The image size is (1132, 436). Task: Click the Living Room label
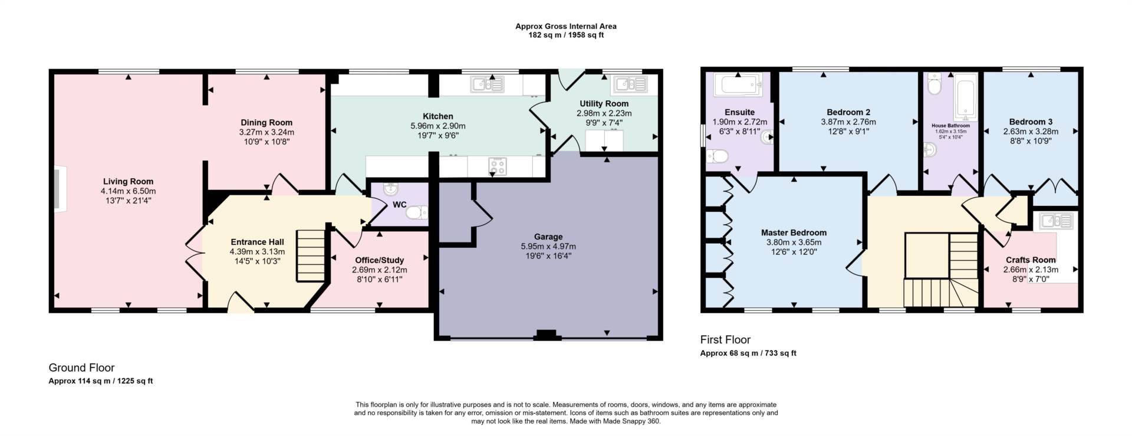pyautogui.click(x=128, y=182)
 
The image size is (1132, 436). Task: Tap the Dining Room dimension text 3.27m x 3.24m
pyautogui.click(x=266, y=132)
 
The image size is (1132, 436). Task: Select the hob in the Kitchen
pyautogui.click(x=497, y=166)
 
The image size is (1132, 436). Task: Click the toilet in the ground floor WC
pyautogui.click(x=417, y=212)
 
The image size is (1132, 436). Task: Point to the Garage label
pyautogui.click(x=548, y=237)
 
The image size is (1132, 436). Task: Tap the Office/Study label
pyautogui.click(x=379, y=260)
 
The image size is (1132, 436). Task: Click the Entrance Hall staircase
pyautogui.click(x=311, y=255)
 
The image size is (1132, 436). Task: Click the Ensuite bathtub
pyautogui.click(x=738, y=85)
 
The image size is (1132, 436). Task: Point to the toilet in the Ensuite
pyautogui.click(x=716, y=156)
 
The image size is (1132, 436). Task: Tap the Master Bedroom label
pyautogui.click(x=794, y=232)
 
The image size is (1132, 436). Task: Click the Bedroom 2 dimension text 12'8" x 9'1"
pyautogui.click(x=848, y=132)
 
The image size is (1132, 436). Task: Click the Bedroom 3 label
pyautogui.click(x=1031, y=122)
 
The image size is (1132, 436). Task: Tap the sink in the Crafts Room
pyautogui.click(x=1057, y=221)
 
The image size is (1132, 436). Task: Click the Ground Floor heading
pyautogui.click(x=81, y=368)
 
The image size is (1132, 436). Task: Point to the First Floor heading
pyautogui.click(x=725, y=340)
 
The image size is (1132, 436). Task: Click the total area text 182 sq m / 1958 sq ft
pyautogui.click(x=566, y=35)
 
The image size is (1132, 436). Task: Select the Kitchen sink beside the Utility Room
pyautogui.click(x=488, y=85)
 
